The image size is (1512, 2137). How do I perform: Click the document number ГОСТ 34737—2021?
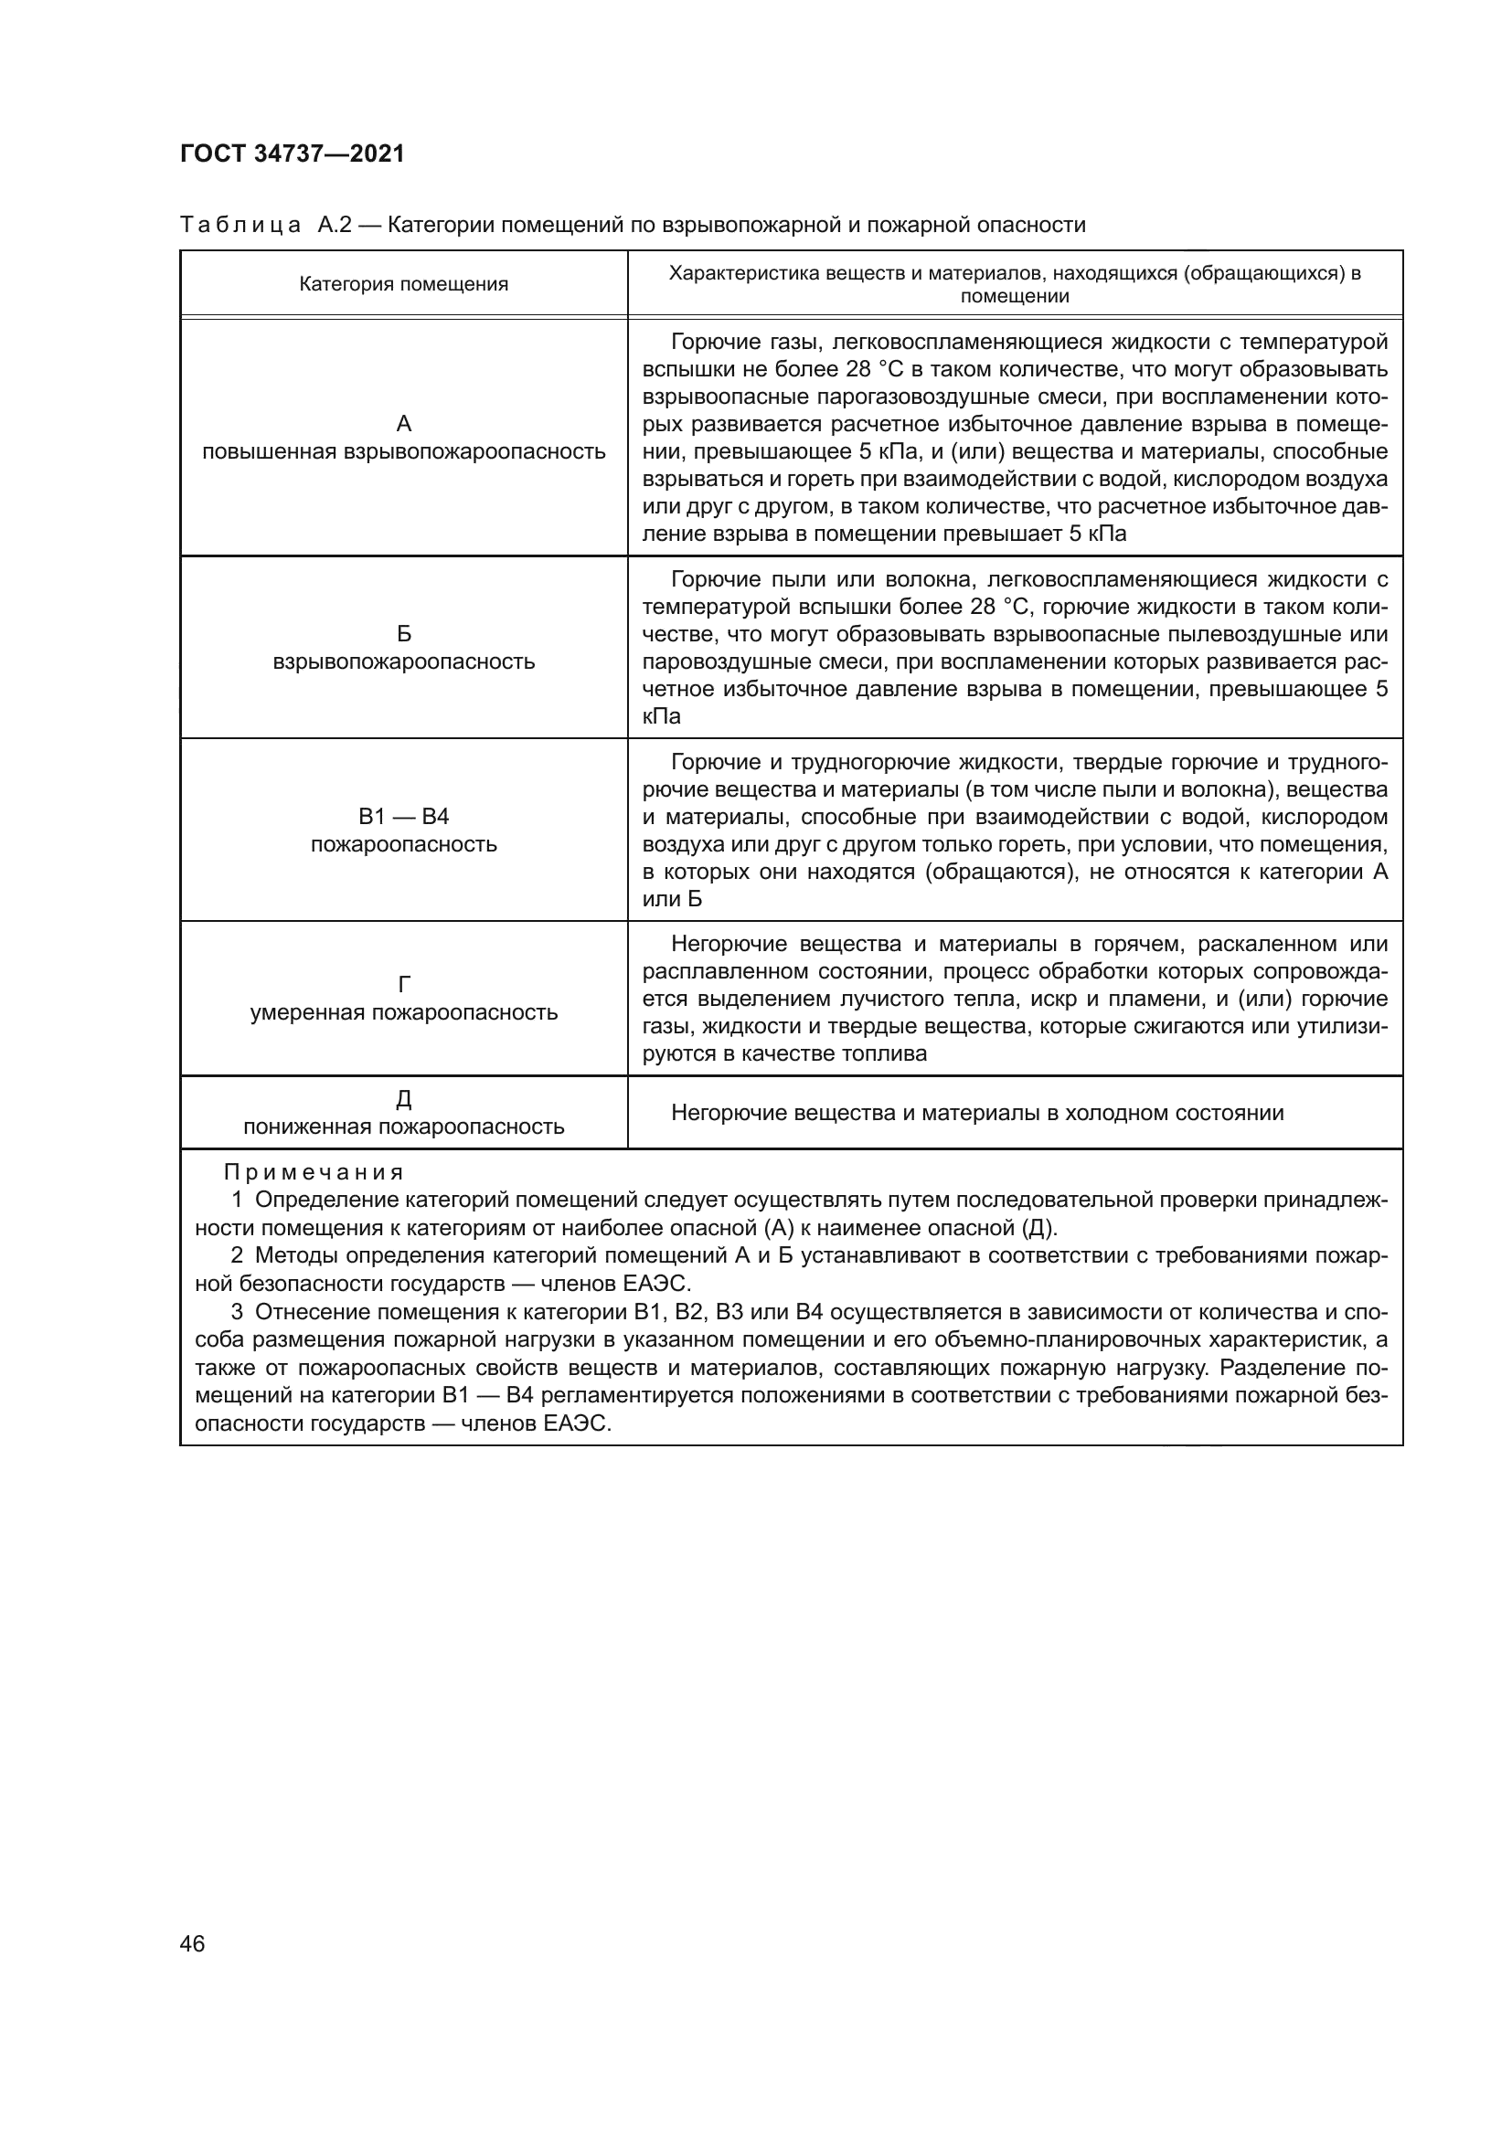point(293,153)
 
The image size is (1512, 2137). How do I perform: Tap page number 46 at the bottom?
point(193,1943)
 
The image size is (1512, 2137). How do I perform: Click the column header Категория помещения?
point(403,284)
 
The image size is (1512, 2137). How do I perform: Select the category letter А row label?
point(403,424)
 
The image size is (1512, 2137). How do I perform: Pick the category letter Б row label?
point(403,634)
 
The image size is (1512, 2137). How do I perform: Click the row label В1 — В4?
point(403,816)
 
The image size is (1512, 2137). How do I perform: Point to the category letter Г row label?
point(403,984)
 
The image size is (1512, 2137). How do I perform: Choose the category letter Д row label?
point(403,1098)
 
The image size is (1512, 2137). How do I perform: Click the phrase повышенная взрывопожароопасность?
point(403,452)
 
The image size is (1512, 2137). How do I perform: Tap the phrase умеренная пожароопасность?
point(403,1012)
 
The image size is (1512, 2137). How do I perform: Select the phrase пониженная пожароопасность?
point(403,1127)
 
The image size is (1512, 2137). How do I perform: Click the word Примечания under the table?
point(314,1173)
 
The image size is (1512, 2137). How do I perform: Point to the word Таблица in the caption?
point(240,226)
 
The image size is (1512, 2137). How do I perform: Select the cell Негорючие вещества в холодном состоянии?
point(976,1113)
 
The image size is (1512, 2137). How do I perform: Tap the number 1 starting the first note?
point(238,1200)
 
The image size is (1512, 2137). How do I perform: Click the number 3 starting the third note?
point(238,1312)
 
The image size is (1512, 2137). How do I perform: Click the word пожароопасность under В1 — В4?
point(403,845)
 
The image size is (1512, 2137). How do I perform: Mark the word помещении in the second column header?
point(1014,297)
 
